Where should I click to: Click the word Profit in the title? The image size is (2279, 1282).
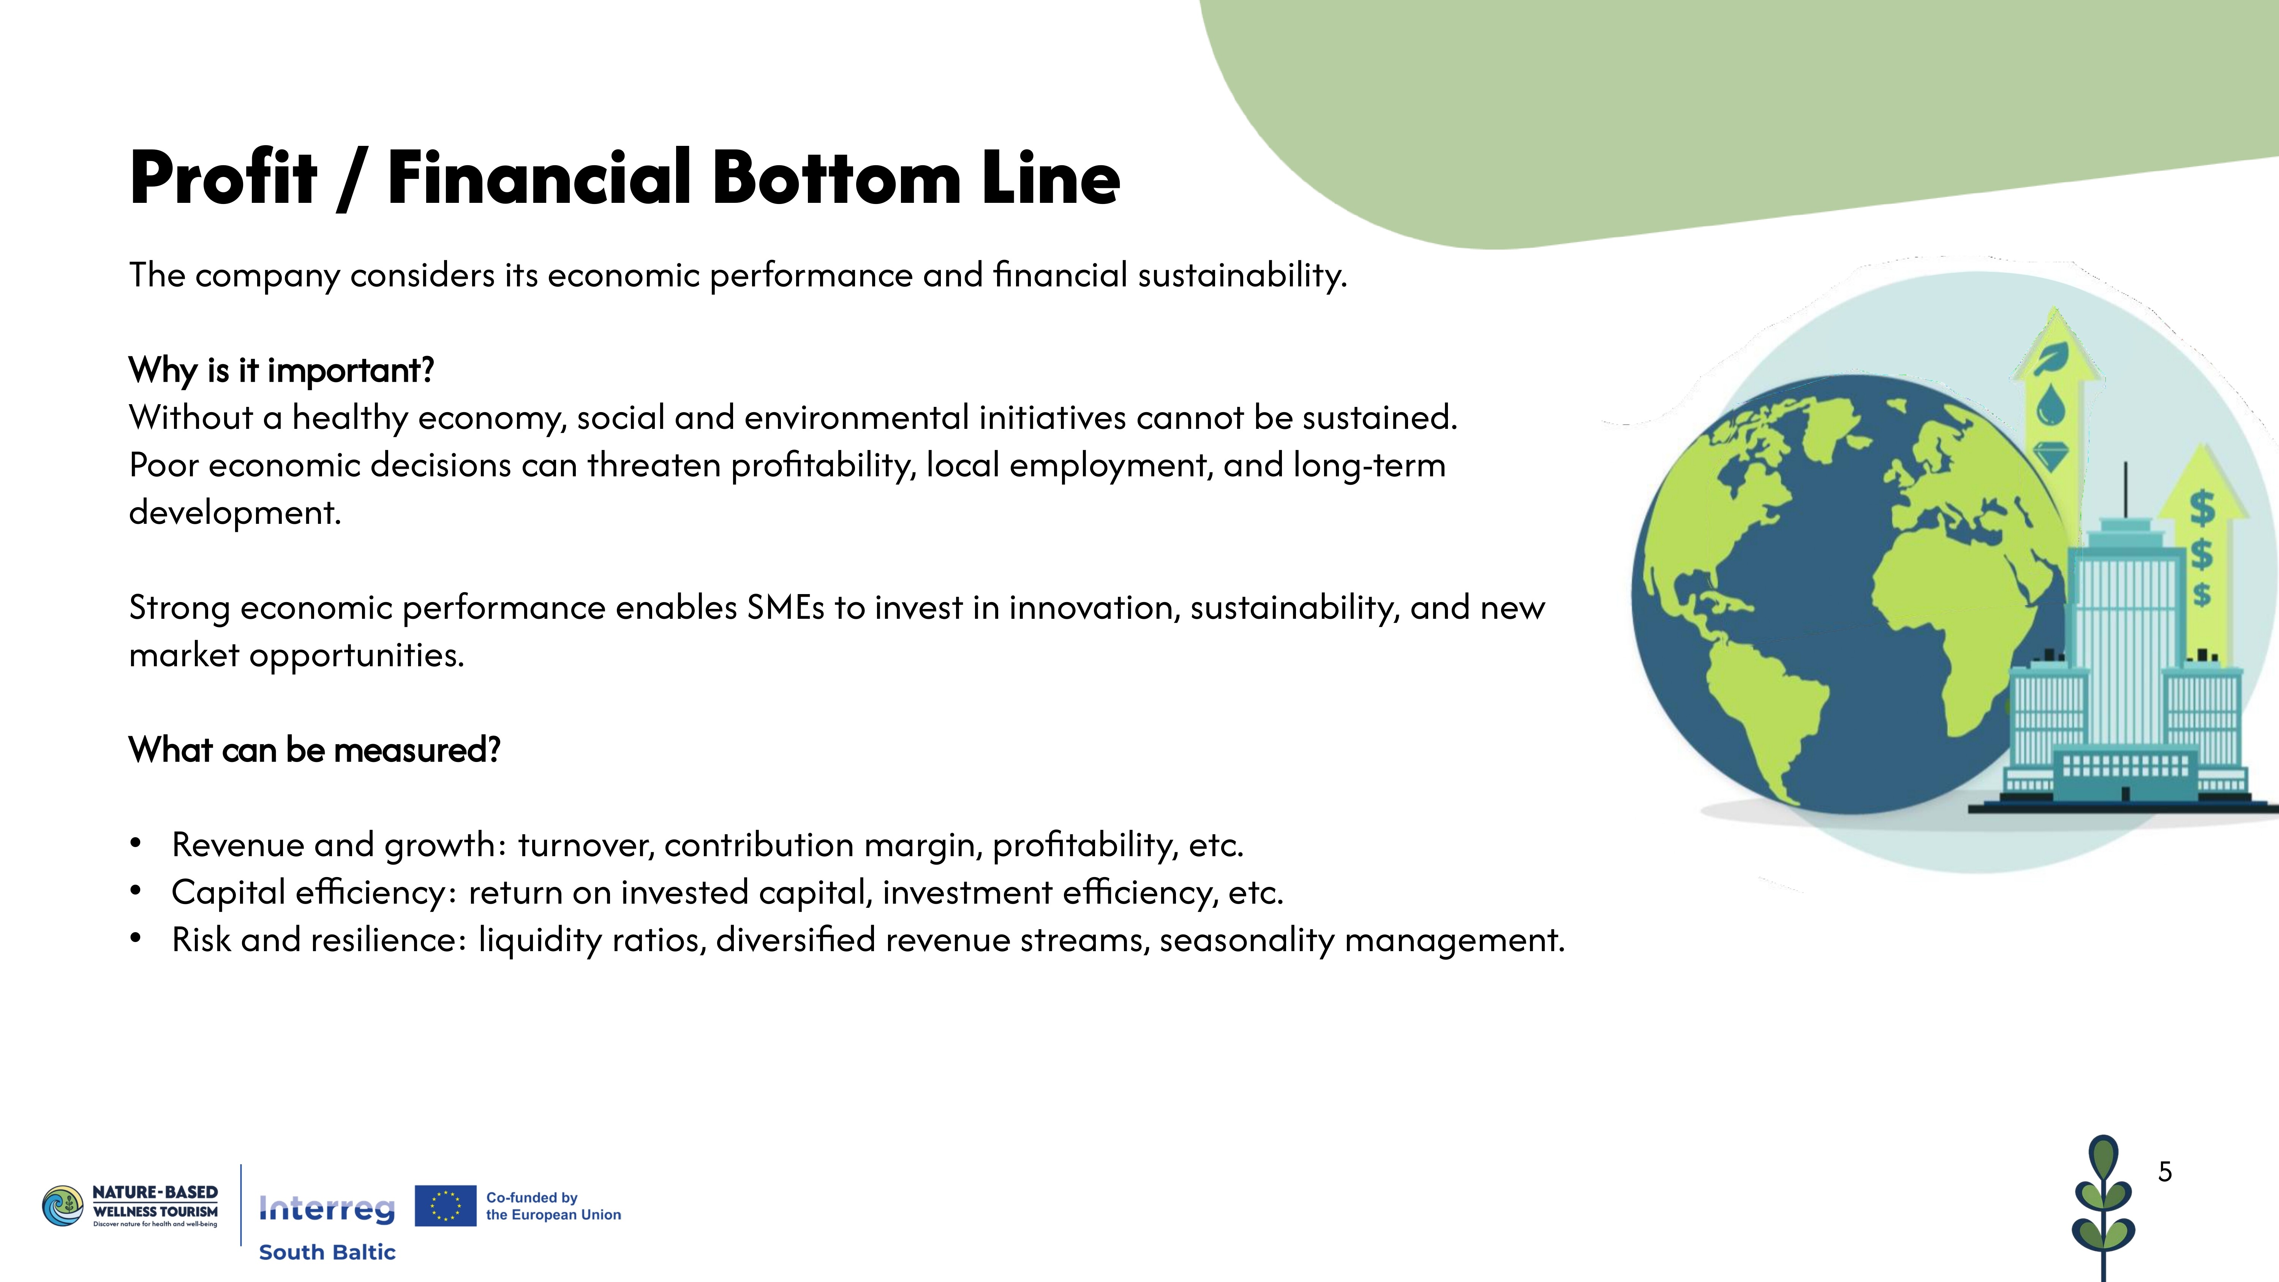(x=223, y=178)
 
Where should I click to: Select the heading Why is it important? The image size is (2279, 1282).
(x=281, y=370)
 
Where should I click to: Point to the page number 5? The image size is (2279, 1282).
(x=2165, y=1171)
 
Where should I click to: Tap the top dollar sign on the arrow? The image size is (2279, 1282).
(x=2202, y=509)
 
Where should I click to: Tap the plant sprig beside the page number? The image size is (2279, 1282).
(x=2103, y=1219)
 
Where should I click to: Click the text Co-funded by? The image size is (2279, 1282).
(x=532, y=1197)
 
